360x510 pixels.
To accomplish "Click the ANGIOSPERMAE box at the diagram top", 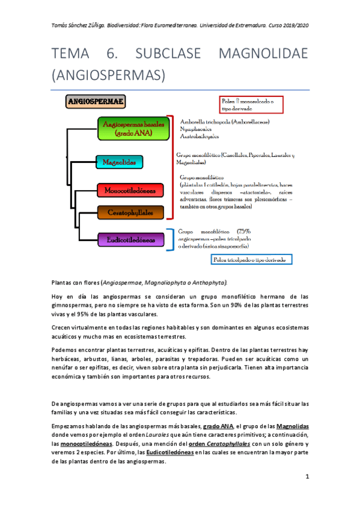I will pyautogui.click(x=96, y=102).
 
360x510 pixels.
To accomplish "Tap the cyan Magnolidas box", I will pyautogui.click(x=118, y=162).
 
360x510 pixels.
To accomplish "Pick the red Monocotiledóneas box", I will pyautogui.click(x=130, y=191).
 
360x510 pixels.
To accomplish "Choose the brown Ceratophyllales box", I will pyautogui.click(x=130, y=212).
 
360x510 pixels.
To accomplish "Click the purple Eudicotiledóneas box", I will pyautogui.click(x=130, y=239).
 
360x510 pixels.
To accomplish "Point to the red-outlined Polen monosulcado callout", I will pyautogui.click(x=252, y=106).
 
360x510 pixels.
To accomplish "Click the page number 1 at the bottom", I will pyautogui.click(x=307, y=476).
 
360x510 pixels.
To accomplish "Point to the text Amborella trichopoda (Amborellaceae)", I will pyautogui.click(x=225, y=121).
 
